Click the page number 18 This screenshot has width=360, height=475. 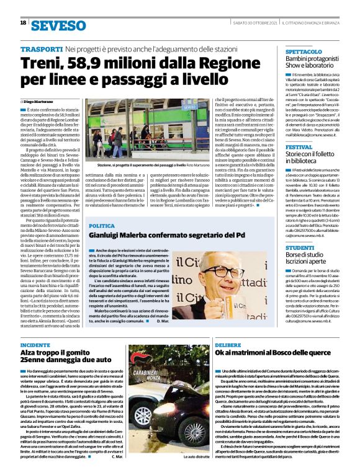[23, 23]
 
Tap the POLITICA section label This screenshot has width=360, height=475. [102, 209]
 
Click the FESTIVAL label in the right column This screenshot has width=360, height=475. [299, 148]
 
